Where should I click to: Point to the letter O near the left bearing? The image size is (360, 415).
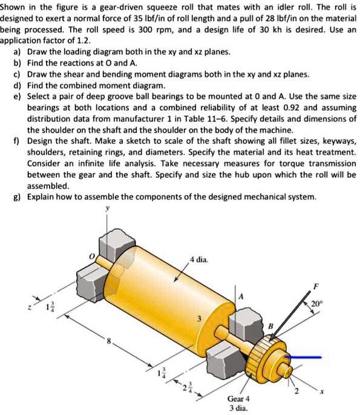point(93,258)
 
